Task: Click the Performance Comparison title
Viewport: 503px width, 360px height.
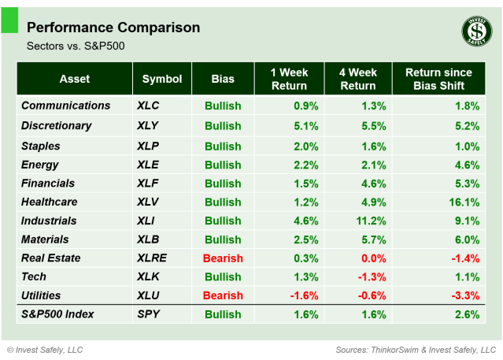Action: tap(113, 28)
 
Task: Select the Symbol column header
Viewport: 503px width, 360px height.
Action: tap(161, 79)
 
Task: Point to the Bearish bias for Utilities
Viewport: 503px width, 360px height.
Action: tap(222, 295)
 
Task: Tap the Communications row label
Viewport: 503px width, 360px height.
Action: tap(65, 106)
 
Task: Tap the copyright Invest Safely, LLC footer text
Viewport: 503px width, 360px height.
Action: tap(45, 349)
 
